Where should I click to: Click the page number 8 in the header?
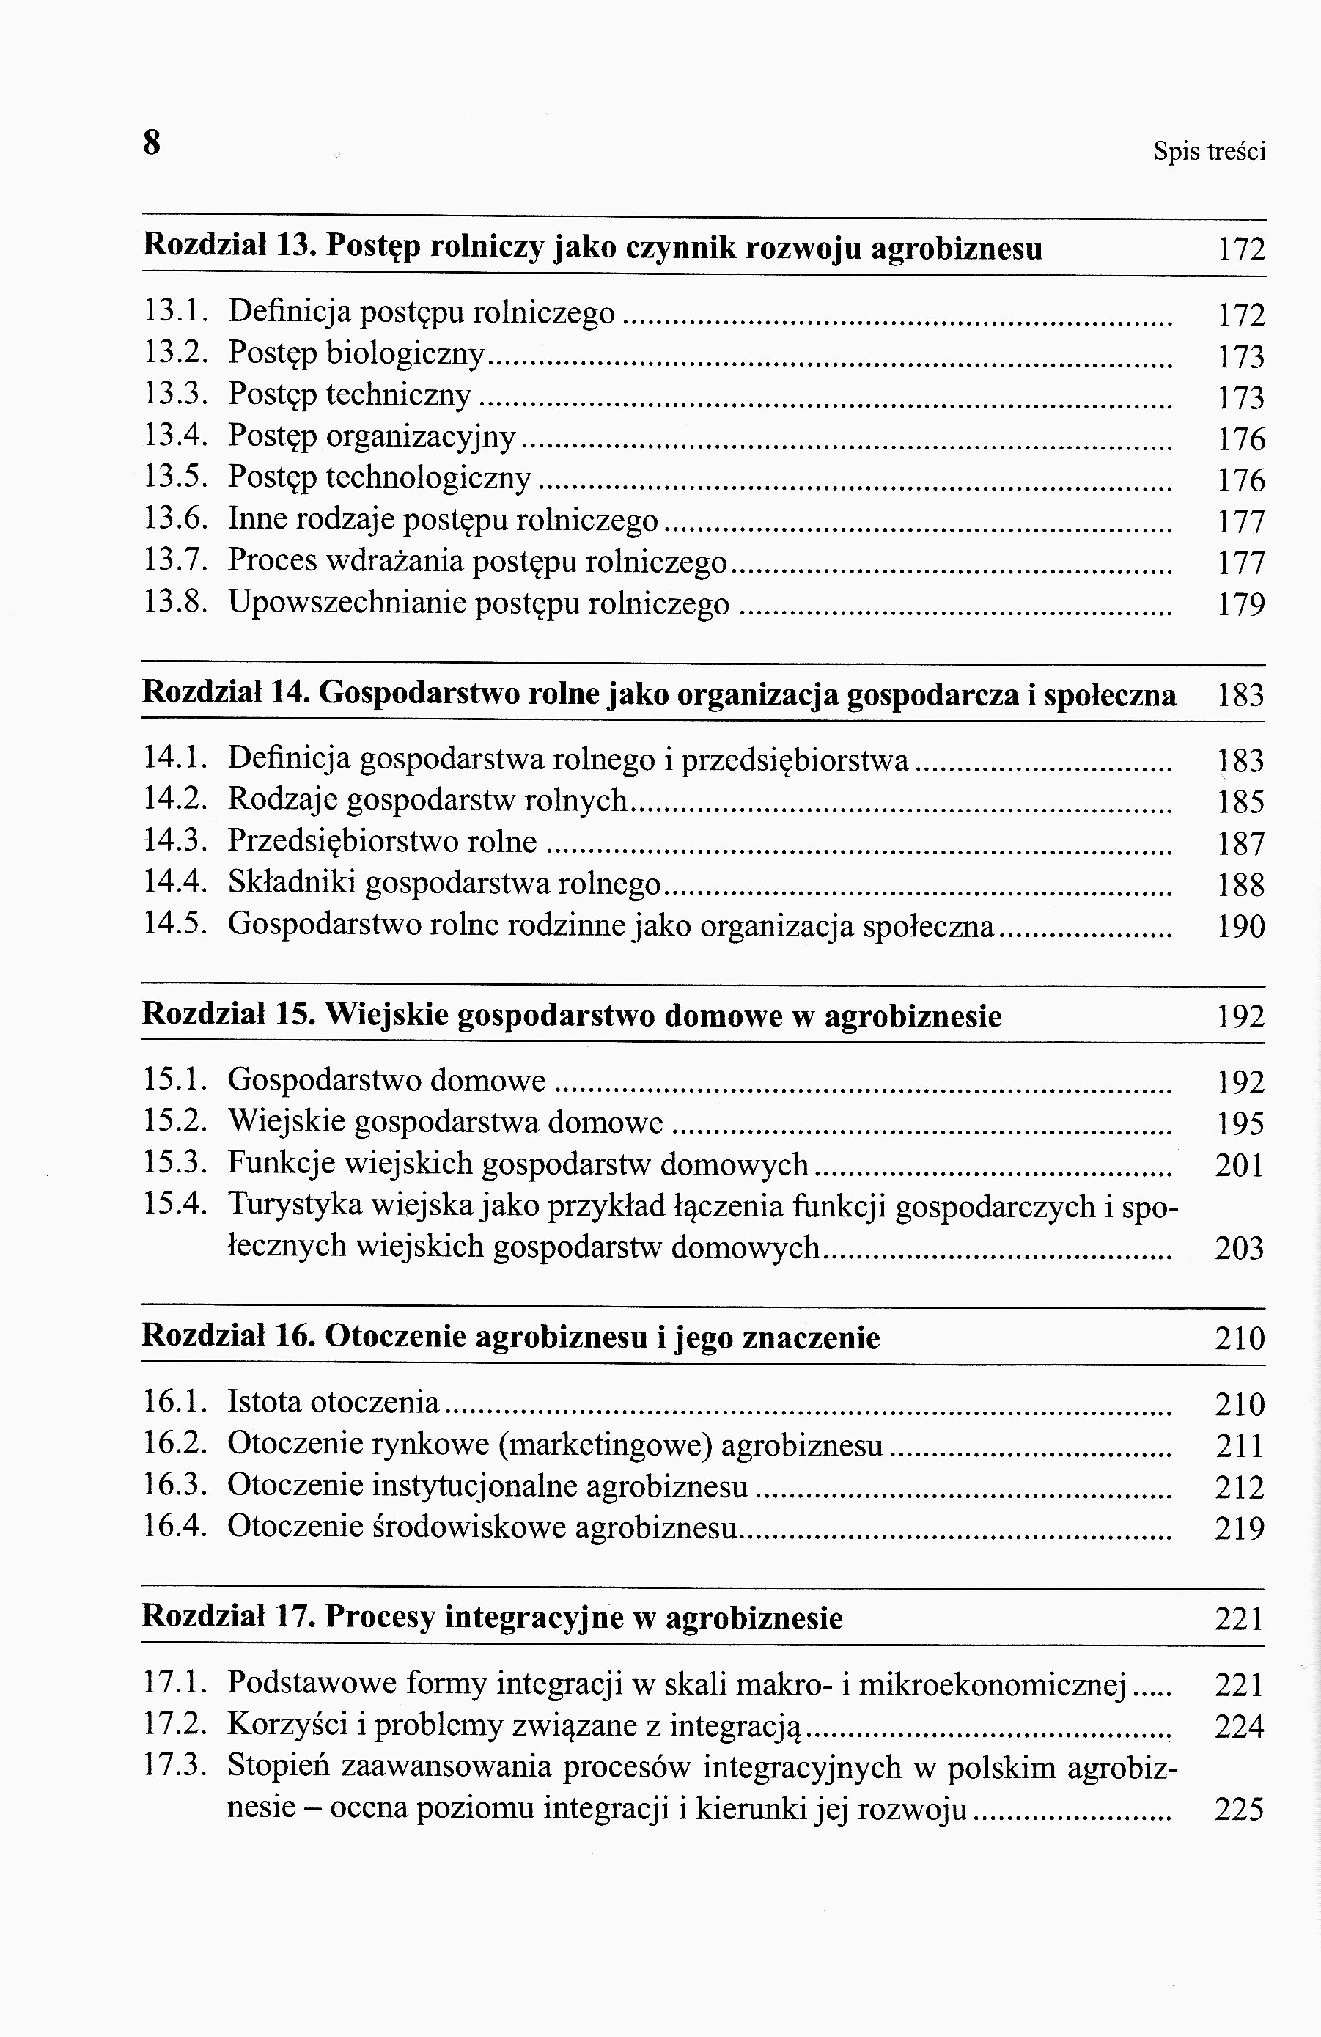[152, 142]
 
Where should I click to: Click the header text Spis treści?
[1209, 153]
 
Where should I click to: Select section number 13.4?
[175, 436]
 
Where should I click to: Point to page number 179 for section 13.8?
[1240, 605]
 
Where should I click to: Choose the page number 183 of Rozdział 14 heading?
[1240, 695]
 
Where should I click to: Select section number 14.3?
[175, 843]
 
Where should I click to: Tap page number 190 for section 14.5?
[1240, 926]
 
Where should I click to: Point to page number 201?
[1240, 1165]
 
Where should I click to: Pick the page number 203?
[1240, 1249]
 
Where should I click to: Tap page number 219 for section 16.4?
[1240, 1528]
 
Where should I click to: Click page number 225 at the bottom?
[1240, 1810]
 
